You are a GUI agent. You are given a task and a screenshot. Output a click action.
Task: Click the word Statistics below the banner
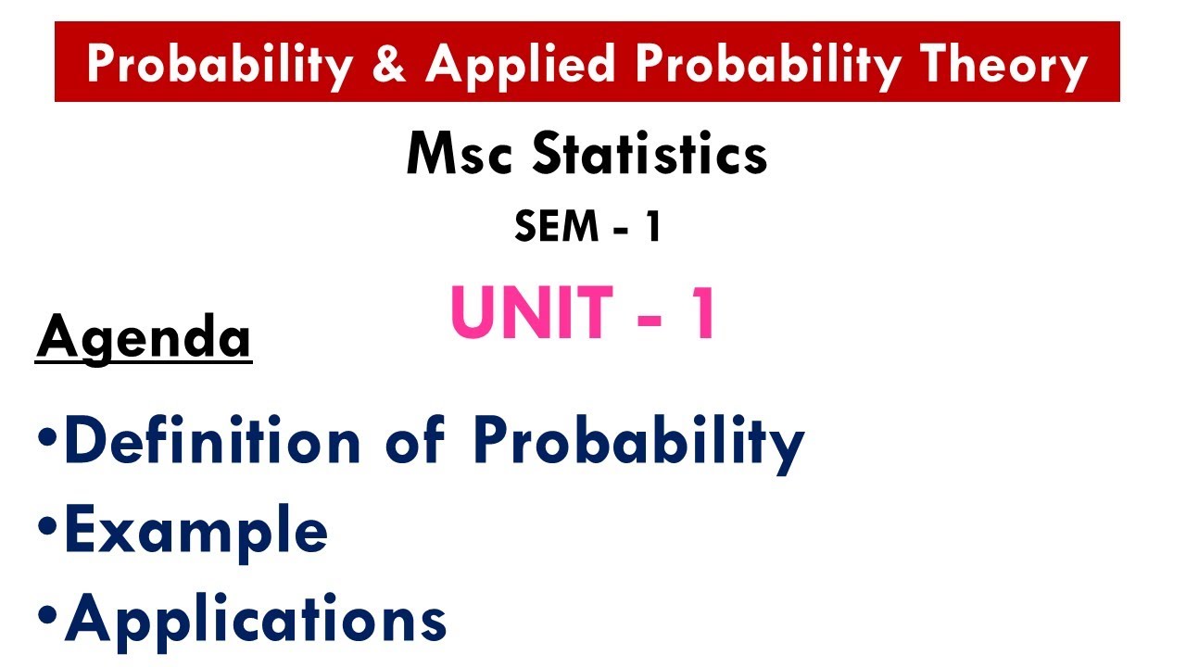649,155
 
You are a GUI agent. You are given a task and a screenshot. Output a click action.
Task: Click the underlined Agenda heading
144,337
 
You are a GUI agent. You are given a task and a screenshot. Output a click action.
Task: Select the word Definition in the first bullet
211,442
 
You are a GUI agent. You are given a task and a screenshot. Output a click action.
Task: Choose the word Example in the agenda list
196,532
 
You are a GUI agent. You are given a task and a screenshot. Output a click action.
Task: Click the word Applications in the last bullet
256,619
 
